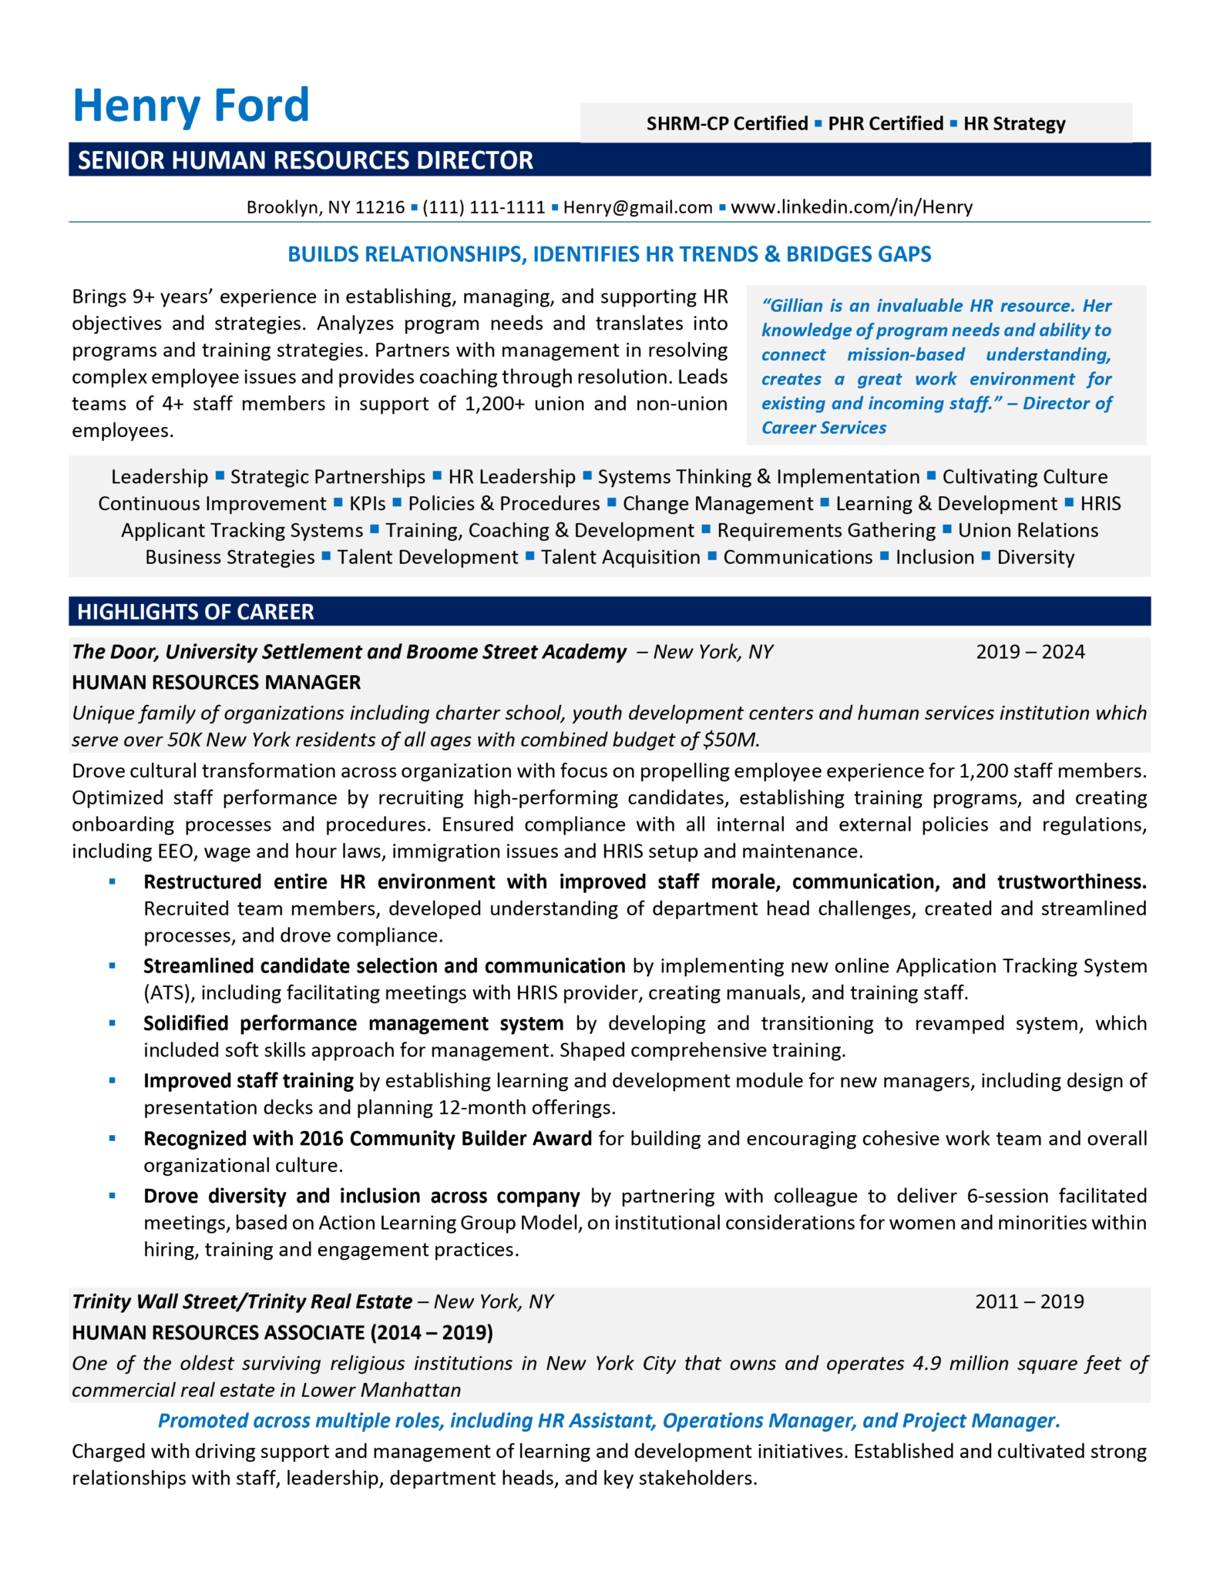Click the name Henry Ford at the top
[x=190, y=106]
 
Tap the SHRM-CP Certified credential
[x=727, y=124]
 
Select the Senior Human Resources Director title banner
[x=305, y=160]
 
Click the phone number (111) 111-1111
[x=483, y=207]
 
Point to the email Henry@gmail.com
[x=637, y=207]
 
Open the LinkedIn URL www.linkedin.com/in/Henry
[x=851, y=207]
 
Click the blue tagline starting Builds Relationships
[x=609, y=254]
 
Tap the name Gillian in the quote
[x=798, y=306]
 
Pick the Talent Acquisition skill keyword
[x=620, y=557]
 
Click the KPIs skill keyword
[x=367, y=504]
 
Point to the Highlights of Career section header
[x=196, y=612]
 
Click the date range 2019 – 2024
[x=1030, y=652]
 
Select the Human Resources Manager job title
[x=217, y=683]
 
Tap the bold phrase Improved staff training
[x=248, y=1081]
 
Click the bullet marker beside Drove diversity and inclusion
[x=113, y=1196]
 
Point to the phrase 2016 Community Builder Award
[x=445, y=1139]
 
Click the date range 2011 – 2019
[x=1029, y=1301]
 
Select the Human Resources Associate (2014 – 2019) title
[x=282, y=1332]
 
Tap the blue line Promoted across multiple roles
[x=609, y=1421]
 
